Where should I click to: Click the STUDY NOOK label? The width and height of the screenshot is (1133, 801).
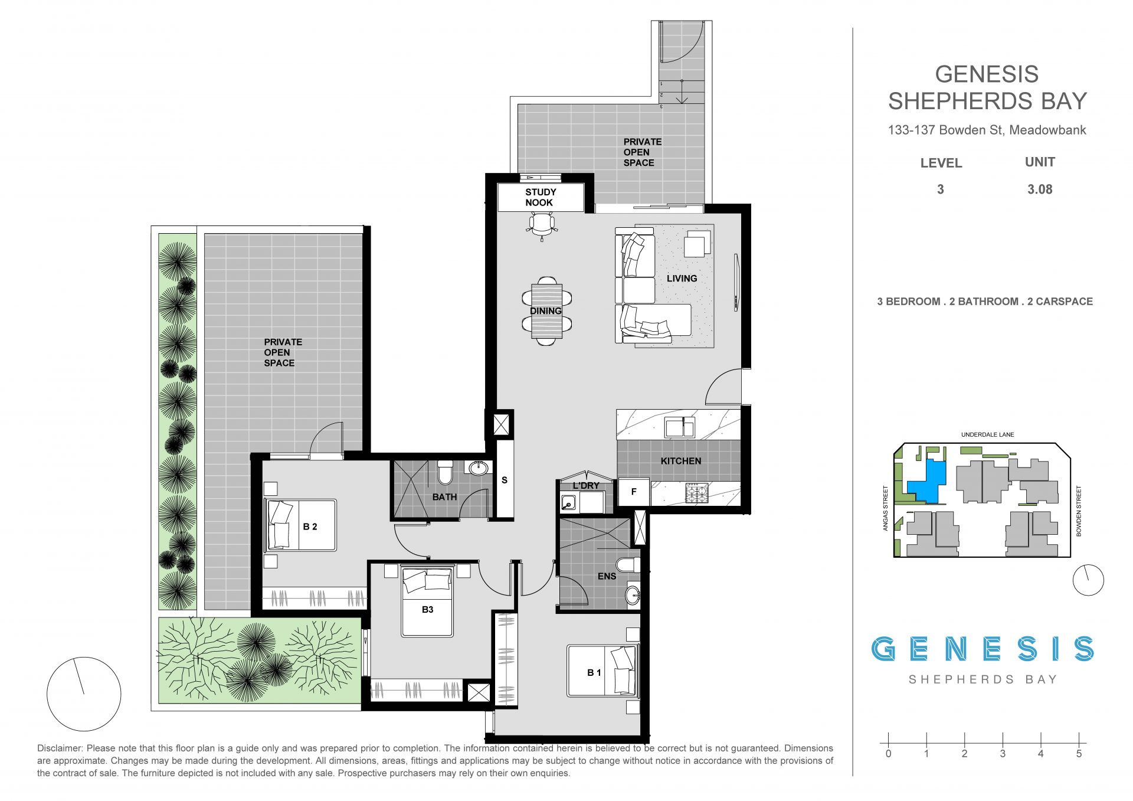click(540, 197)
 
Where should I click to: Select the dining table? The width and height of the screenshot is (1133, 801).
click(546, 311)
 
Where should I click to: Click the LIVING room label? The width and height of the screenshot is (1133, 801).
click(682, 278)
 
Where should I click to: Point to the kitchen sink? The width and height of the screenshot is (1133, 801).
click(680, 426)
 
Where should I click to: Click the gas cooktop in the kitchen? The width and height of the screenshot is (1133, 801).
click(696, 493)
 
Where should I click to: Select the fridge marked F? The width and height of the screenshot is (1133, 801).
click(634, 492)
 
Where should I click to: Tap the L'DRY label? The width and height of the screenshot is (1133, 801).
click(586, 485)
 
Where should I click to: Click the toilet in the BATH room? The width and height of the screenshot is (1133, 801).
click(445, 472)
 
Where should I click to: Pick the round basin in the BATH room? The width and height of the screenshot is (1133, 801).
click(478, 469)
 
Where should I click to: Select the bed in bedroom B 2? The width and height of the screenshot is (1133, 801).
click(302, 525)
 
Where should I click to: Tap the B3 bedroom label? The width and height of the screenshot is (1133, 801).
click(428, 609)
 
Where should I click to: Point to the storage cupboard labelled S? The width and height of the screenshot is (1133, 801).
click(505, 479)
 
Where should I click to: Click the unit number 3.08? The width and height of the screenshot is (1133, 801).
click(1040, 189)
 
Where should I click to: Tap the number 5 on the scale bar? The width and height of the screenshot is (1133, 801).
click(1079, 754)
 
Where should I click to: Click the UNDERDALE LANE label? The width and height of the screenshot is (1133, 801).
click(987, 435)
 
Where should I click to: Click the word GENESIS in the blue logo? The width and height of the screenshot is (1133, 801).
click(983, 649)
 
